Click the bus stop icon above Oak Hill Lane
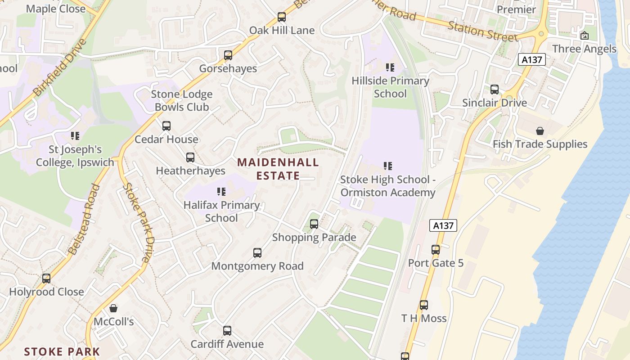tap(282, 17)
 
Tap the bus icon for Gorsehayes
tap(228, 55)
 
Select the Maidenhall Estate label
tap(278, 169)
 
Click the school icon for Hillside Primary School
tap(390, 67)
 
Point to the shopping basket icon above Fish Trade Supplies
tap(540, 131)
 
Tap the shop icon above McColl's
tap(113, 308)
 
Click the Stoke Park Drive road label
tap(138, 223)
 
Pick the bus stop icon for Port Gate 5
tap(435, 249)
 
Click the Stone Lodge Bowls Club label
tap(182, 101)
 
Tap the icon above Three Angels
tap(585, 36)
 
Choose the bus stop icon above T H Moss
tap(424, 305)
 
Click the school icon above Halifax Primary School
tap(221, 192)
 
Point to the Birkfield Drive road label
tap(59, 67)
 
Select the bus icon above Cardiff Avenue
tap(227, 331)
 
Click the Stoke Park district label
tap(62, 351)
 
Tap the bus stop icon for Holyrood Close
tap(46, 279)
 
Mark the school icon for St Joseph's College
tap(75, 135)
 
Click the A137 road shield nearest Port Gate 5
tap(443, 225)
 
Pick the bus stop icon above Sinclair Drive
tap(495, 90)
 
